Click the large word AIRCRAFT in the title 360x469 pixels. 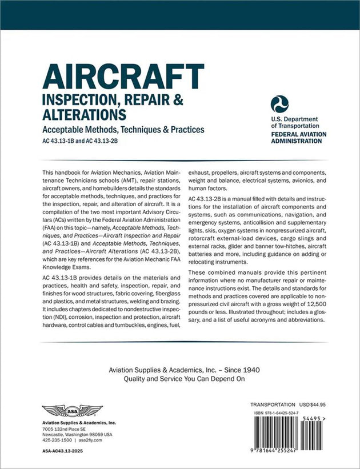pos(123,77)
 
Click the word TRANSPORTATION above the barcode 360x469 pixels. pos(272,404)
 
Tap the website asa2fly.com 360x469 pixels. pos(90,440)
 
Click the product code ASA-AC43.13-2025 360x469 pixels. pos(65,451)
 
